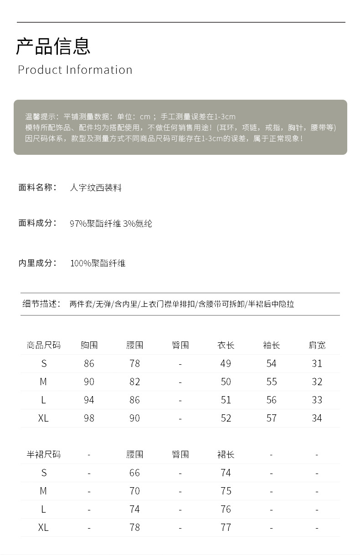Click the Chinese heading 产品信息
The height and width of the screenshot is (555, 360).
[53, 46]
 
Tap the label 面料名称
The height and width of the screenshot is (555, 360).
[37, 187]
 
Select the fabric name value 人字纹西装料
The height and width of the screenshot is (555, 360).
[96, 188]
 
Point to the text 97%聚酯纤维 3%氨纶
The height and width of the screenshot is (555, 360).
[111, 224]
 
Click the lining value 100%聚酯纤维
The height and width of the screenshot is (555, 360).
[98, 263]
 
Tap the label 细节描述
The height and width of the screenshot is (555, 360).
[41, 304]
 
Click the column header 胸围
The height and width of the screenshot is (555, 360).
[89, 345]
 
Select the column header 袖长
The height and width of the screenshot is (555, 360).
[271, 345]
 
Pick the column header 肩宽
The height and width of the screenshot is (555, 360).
[317, 345]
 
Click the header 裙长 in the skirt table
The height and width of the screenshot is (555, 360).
[226, 454]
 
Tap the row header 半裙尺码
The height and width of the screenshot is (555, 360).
[43, 454]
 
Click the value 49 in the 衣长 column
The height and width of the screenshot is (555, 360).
[226, 363]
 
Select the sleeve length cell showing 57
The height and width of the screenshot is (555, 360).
[271, 418]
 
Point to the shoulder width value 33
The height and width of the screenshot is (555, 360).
[317, 400]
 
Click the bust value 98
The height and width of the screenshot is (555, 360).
[89, 418]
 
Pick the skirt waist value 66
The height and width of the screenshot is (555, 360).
[134, 473]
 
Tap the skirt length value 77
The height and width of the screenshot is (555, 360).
[226, 527]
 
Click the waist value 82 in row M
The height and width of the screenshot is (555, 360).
[134, 382]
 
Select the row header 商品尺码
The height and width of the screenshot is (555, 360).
[43, 345]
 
